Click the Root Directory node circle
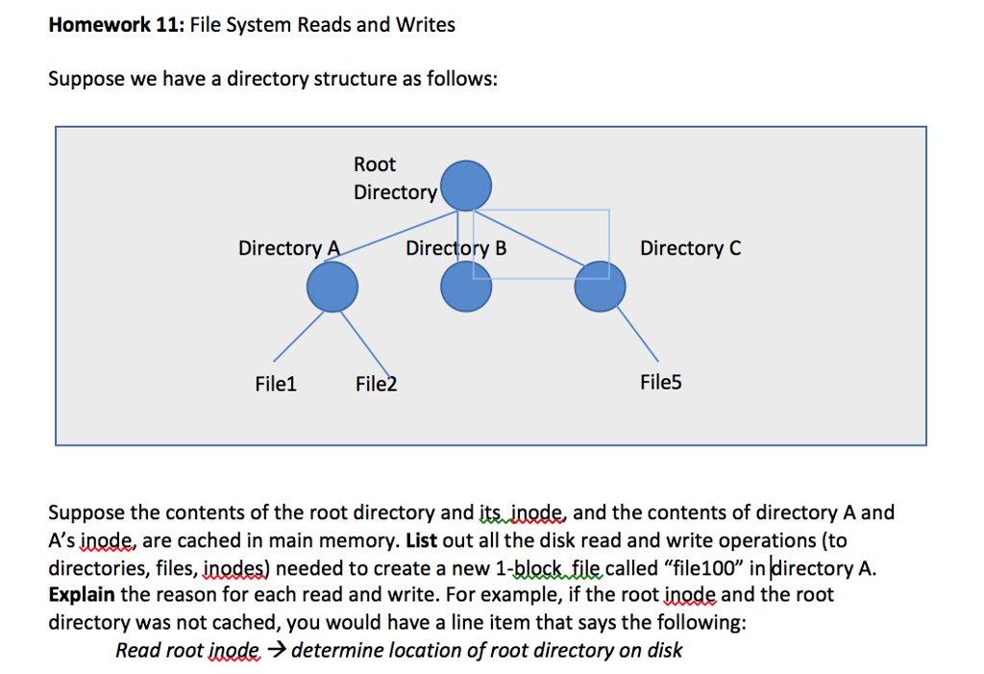(466, 186)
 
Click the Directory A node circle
(332, 287)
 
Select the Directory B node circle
(466, 287)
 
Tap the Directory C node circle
(600, 287)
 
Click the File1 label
(276, 385)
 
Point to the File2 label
(376, 385)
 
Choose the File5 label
(660, 383)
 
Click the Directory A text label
(289, 248)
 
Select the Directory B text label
(455, 248)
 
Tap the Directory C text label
(690, 248)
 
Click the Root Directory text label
(395, 179)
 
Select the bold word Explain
(81, 594)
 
